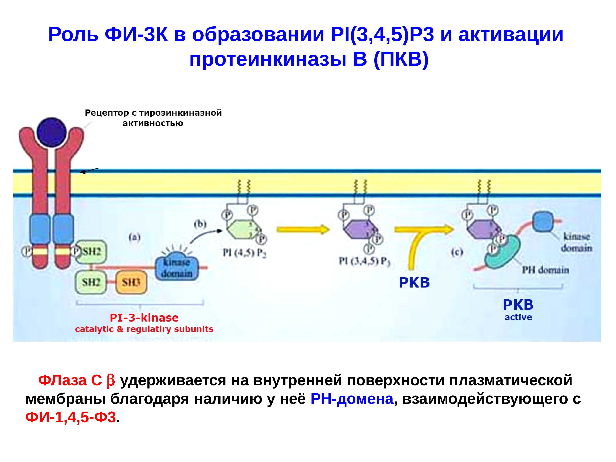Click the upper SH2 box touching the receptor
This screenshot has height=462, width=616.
[x=91, y=252]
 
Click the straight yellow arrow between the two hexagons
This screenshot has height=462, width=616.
[x=303, y=229]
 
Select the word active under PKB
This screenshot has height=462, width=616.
[x=518, y=317]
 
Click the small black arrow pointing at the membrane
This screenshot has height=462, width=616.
[x=90, y=170]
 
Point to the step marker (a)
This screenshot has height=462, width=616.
[x=134, y=237]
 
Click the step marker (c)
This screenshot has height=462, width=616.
[x=457, y=252]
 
